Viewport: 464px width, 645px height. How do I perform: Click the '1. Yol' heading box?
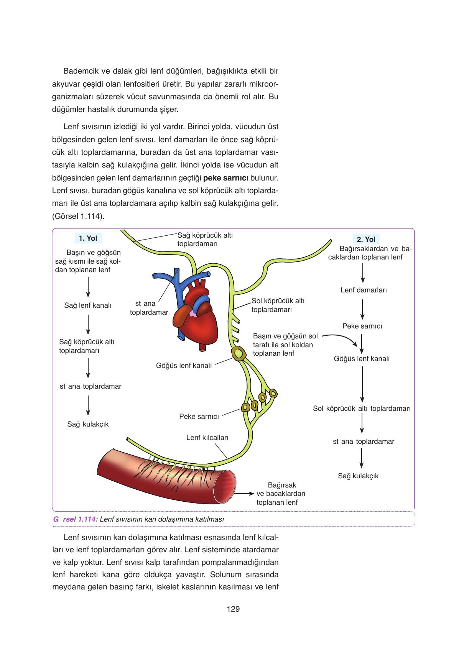tap(88, 238)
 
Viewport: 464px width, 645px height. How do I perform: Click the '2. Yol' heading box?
tap(366, 239)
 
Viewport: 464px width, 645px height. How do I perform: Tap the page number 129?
tap(233, 609)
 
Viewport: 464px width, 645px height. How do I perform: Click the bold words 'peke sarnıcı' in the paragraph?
tap(226, 178)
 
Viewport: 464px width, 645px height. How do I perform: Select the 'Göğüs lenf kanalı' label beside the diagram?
tap(184, 366)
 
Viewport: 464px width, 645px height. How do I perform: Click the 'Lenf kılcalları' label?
tap(207, 437)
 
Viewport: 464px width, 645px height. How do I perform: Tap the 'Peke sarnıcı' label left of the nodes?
tap(199, 416)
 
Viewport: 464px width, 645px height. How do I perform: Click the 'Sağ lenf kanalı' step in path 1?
tap(88, 305)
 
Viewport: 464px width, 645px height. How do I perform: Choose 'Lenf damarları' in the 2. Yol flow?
tap(364, 290)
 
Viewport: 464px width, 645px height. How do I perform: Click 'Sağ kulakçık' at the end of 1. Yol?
tap(88, 424)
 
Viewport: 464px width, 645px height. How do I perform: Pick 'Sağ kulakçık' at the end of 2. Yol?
tap(358, 476)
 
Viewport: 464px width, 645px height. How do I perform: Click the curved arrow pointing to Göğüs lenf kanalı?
tap(341, 339)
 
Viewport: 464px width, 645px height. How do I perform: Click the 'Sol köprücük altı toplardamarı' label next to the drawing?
tap(278, 305)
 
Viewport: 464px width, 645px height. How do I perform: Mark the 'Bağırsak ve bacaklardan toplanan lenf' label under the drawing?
tap(281, 494)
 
